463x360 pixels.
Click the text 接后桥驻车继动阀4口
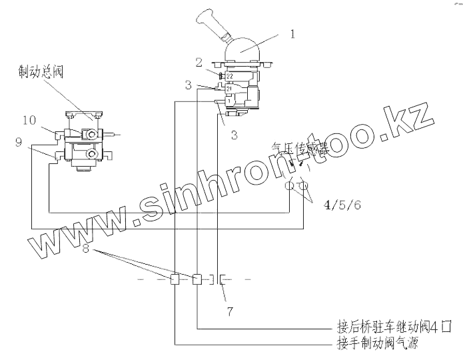(x=395, y=328)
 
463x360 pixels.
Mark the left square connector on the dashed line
(x=175, y=279)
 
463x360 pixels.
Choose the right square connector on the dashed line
(x=197, y=279)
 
